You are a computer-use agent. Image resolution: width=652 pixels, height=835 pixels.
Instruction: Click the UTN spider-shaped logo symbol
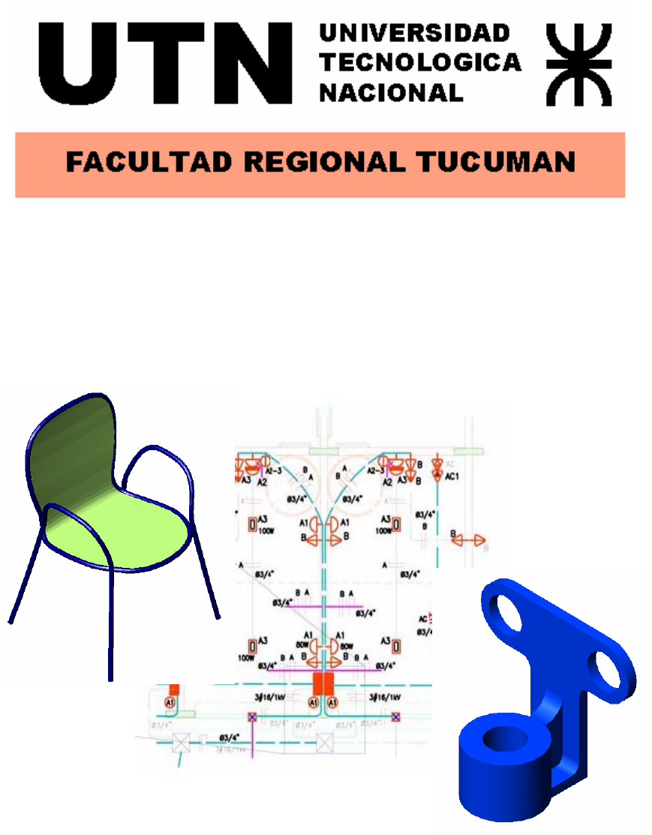pyautogui.click(x=579, y=65)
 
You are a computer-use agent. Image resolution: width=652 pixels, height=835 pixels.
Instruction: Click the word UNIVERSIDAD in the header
pyautogui.click(x=415, y=33)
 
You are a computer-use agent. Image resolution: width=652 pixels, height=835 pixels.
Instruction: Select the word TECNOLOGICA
pyautogui.click(x=420, y=62)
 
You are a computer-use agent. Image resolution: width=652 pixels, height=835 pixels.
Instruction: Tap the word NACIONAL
pyautogui.click(x=391, y=92)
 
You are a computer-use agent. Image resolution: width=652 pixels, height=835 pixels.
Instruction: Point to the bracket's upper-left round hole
pyautogui.click(x=509, y=614)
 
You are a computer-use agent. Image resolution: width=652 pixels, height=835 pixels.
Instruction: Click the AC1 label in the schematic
pyautogui.click(x=452, y=476)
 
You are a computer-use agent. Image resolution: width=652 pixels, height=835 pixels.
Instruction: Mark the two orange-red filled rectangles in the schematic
pyautogui.click(x=323, y=683)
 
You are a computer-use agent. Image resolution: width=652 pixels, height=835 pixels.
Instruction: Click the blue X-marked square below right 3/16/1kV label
pyautogui.click(x=395, y=716)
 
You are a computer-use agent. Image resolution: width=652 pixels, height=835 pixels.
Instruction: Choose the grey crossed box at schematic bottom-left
pyautogui.click(x=180, y=743)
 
